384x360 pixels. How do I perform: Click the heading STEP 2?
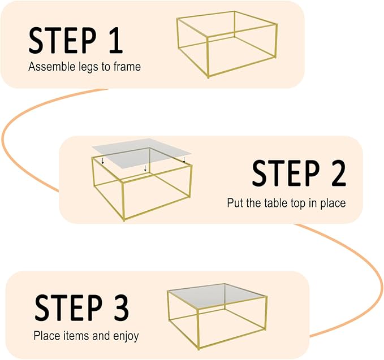tap(299, 173)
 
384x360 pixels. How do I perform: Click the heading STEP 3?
tap(82, 307)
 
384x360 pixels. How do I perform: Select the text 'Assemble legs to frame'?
tap(84, 67)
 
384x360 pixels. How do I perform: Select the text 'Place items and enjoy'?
tap(86, 336)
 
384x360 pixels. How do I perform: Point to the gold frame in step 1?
tap(227, 44)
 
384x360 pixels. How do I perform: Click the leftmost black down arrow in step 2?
tap(102, 162)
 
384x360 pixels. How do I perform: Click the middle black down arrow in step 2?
tap(145, 168)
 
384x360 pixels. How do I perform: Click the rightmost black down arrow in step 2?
tap(184, 160)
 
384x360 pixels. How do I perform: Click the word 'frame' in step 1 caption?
tap(128, 67)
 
